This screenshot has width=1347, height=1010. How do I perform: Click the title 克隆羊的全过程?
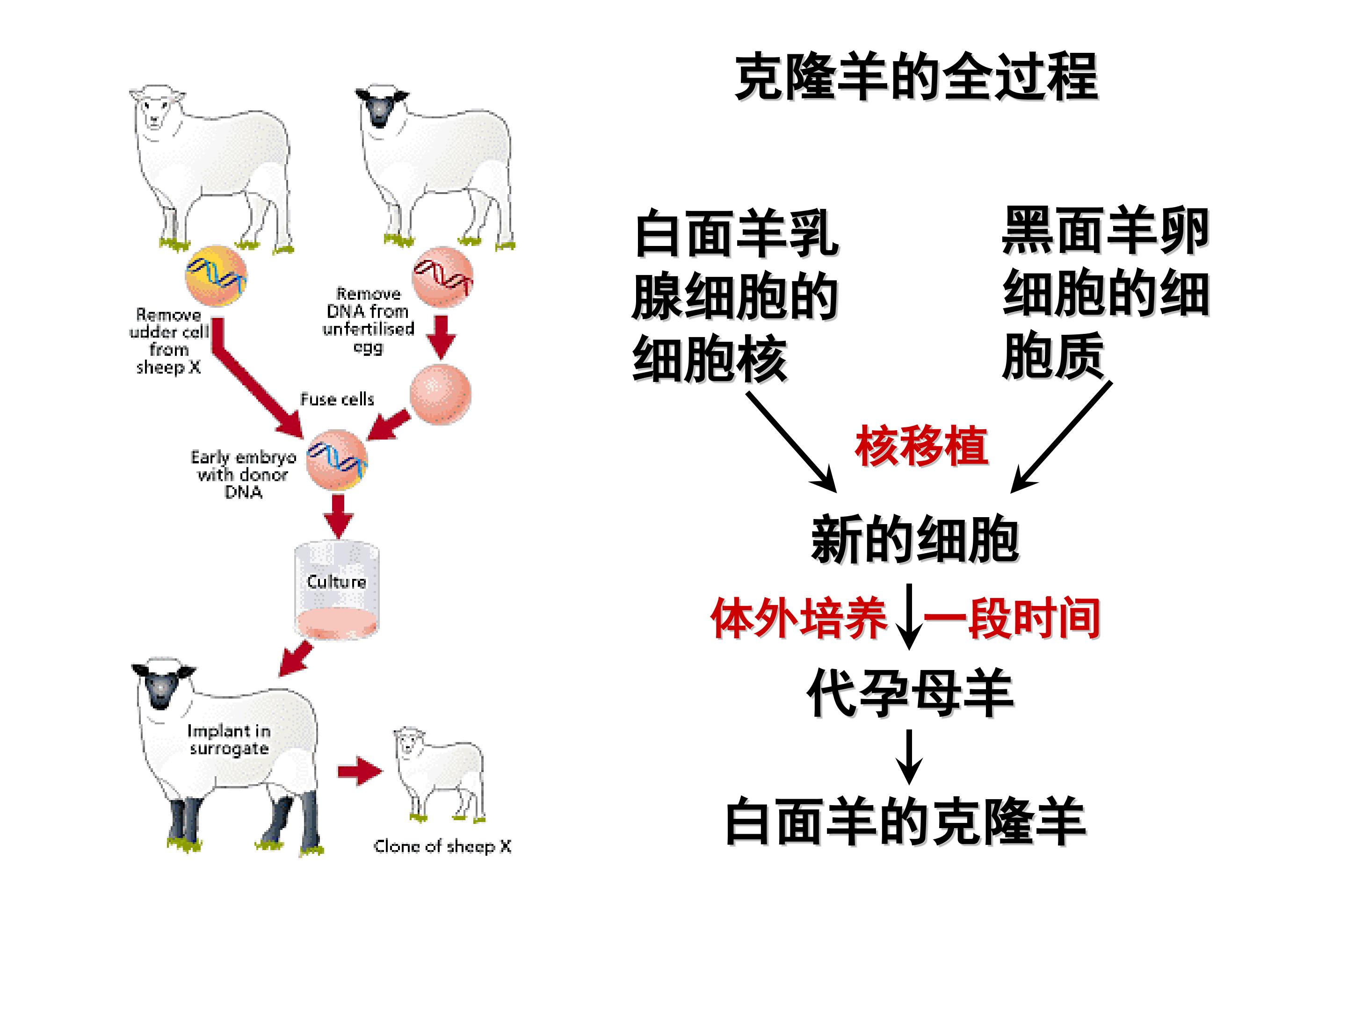pyautogui.click(x=916, y=78)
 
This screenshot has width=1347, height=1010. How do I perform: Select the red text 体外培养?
pyautogui.click(x=799, y=619)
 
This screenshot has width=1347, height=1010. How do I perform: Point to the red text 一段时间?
pyautogui.click(x=1012, y=619)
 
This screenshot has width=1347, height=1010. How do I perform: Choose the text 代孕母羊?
pyautogui.click(x=910, y=693)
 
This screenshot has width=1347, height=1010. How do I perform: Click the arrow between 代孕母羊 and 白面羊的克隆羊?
pyautogui.click(x=909, y=757)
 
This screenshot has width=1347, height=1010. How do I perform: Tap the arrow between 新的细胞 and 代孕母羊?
pyautogui.click(x=909, y=617)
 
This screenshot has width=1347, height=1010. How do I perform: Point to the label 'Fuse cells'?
pyautogui.click(x=337, y=399)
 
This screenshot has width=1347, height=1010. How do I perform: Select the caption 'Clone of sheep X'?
pyautogui.click(x=443, y=846)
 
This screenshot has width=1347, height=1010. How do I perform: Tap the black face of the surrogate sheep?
pyautogui.click(x=161, y=688)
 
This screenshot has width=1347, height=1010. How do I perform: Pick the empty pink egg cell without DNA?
pyautogui.click(x=440, y=394)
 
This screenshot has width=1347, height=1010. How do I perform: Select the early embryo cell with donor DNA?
pyautogui.click(x=337, y=460)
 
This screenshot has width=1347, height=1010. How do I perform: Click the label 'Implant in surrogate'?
pyautogui.click(x=229, y=740)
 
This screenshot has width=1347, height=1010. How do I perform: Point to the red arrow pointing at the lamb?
pyautogui.click(x=360, y=772)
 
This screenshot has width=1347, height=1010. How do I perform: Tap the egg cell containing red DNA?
pyautogui.click(x=443, y=277)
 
